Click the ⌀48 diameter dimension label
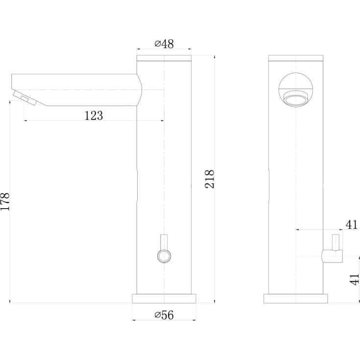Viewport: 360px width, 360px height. [164, 44]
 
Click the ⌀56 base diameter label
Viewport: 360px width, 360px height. [164, 315]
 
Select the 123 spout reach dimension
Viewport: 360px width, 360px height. [94, 116]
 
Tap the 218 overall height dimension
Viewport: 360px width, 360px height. [210, 179]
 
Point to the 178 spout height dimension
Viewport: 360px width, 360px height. [5, 201]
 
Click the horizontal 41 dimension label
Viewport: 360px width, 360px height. [352, 224]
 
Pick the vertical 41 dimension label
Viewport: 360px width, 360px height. [355, 279]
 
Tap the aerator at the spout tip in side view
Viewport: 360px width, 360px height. [25, 98]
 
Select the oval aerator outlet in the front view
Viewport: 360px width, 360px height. [296, 98]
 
